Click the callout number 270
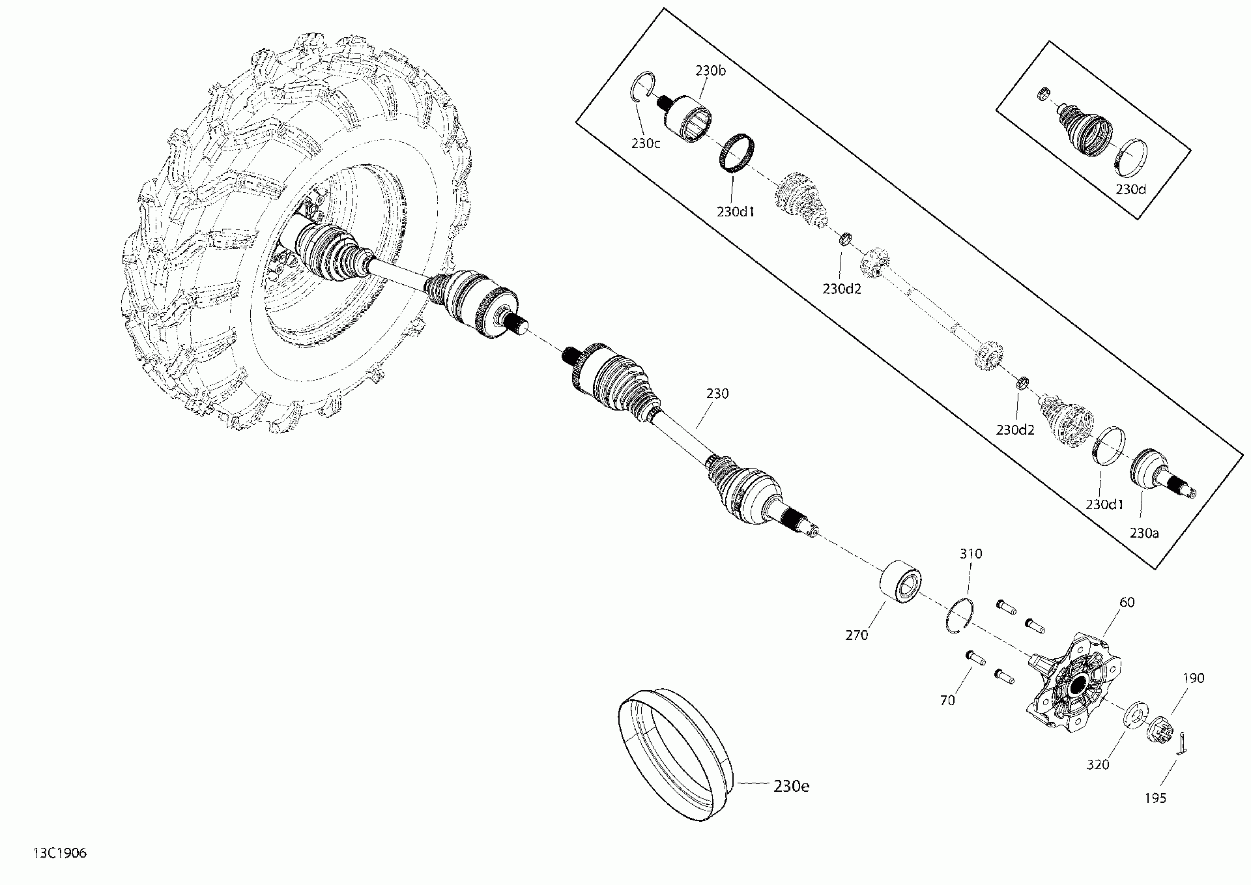tap(857, 634)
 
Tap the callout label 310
tap(971, 553)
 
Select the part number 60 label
tap(1127, 602)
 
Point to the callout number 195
tap(1155, 798)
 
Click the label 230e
tap(791, 786)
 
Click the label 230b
tap(710, 70)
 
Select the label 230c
tap(646, 143)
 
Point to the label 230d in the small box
tap(1130, 189)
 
